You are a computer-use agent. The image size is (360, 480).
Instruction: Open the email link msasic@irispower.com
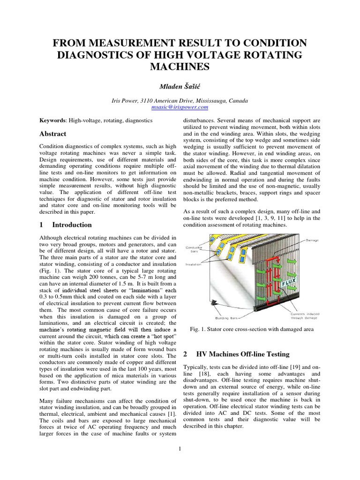pyautogui.click(x=180, y=107)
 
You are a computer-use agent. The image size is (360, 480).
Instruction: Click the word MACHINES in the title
pyautogui.click(x=180, y=67)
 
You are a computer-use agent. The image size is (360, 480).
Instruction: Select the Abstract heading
pyautogui.click(x=53, y=134)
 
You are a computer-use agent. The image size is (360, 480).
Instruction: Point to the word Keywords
pyautogui.click(x=52, y=120)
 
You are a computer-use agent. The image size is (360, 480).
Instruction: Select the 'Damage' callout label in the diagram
pyautogui.click(x=312, y=240)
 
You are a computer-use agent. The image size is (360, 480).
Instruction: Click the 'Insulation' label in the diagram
pyautogui.click(x=194, y=264)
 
